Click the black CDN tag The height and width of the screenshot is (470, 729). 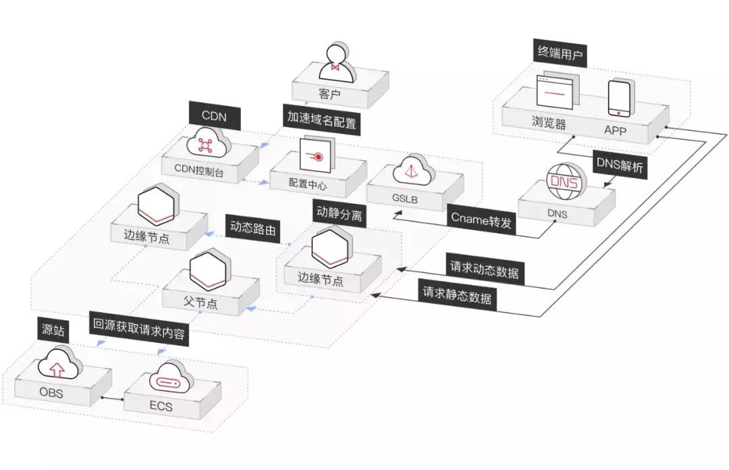coord(213,117)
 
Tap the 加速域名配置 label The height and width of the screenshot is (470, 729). coord(321,122)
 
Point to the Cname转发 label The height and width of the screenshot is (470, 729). coord(481,221)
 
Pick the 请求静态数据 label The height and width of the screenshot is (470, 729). coord(457,296)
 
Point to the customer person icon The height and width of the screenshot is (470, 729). coord(340,63)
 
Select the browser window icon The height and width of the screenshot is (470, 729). coord(558,93)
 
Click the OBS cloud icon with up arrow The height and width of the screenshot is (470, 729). coord(59,364)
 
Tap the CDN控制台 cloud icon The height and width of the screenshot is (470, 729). coord(206,143)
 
